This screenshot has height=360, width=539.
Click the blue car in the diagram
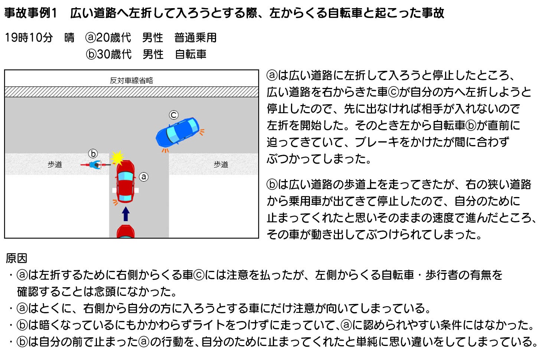tap(177, 132)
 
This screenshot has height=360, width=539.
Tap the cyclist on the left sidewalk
tap(95, 165)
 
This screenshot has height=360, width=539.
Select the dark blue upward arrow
tap(125, 214)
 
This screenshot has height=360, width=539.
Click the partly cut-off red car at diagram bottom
tap(125, 231)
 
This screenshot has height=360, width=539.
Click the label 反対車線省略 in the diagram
tap(131, 81)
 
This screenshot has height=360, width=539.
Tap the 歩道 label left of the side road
tap(55, 165)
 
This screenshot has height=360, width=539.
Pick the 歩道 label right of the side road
tap(221, 165)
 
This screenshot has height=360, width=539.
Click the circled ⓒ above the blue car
tap(173, 115)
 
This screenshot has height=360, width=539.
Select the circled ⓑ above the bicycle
tap(93, 153)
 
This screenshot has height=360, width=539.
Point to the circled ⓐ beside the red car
tap(144, 177)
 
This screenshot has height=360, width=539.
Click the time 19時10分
tap(29, 37)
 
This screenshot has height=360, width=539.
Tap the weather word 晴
tap(69, 37)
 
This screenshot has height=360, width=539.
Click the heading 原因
tap(16, 258)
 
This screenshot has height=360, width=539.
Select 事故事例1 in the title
tap(30, 13)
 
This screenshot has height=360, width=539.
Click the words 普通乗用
tap(195, 37)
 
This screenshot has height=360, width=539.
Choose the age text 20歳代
tap(114, 37)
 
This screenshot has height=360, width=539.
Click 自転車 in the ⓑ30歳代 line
tap(190, 54)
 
